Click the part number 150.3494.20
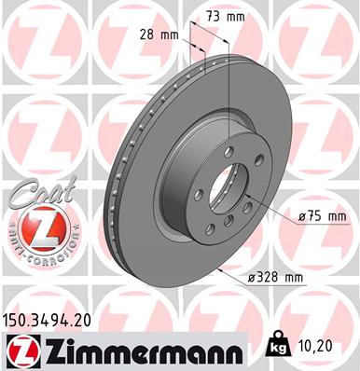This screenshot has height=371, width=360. [x=52, y=320]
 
